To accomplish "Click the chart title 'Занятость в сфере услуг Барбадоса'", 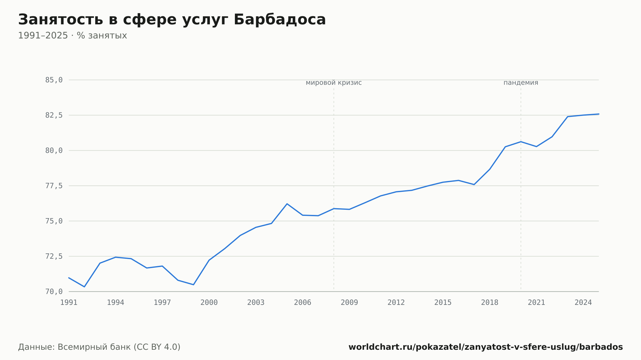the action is pos(172,20).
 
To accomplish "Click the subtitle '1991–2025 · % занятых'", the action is pos(72,36).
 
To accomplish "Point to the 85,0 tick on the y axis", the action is pos(54,80).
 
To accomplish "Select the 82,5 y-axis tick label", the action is pos(54,115).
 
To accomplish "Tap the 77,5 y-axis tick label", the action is pos(54,186).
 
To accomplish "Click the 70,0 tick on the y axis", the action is pos(54,291).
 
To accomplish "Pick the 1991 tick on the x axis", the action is pos(69,303).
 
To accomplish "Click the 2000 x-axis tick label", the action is pos(209,303).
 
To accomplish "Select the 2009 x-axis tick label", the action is pos(349,303).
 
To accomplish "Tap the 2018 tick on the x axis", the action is pos(490,303).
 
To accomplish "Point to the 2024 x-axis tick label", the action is pos(583,303).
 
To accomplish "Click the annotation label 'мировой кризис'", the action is pos(334,83).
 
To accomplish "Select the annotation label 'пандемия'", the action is pos(521,83).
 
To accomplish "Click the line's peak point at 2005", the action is pos(287,204).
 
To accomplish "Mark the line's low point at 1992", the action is pos(84,287).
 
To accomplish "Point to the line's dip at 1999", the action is pos(193,285).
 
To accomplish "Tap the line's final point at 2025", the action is pos(598,114).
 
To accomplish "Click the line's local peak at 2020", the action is pos(521,142).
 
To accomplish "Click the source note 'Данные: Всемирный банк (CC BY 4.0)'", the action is pos(99,347).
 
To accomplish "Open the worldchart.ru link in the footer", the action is pos(486,347).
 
